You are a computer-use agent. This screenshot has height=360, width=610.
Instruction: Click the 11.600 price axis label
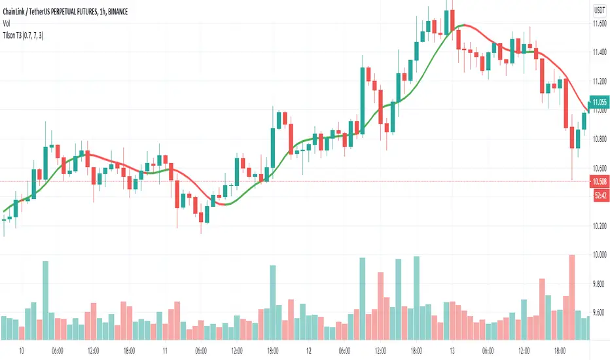coord(599,24)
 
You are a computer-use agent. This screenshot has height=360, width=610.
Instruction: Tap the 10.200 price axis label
coord(599,226)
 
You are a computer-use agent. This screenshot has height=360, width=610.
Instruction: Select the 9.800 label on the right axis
coord(599,284)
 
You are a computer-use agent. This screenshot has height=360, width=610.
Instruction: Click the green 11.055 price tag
coord(599,102)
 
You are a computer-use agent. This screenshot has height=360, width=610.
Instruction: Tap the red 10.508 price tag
coord(599,181)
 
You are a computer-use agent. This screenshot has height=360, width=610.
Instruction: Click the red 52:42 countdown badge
coord(599,192)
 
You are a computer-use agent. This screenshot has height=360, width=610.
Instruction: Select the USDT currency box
coord(599,10)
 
